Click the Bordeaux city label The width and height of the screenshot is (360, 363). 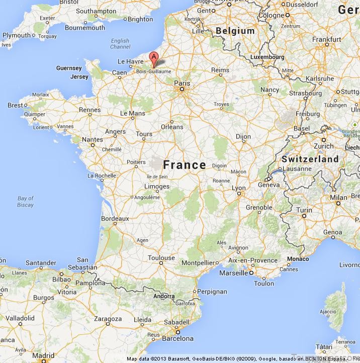tap(115, 219)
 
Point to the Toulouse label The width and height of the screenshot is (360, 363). tap(161, 258)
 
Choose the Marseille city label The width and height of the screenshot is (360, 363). tap(234, 273)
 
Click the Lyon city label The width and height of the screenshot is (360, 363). tap(238, 188)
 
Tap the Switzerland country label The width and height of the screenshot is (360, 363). tap(310, 159)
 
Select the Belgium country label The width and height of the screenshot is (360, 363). tap(235, 31)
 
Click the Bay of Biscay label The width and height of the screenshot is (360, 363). tap(25, 201)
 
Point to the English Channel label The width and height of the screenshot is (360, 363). tap(120, 44)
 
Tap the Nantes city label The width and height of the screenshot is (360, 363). tap(92, 139)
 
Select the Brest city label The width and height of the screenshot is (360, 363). tap(16, 105)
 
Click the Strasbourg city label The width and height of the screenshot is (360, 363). tap(305, 93)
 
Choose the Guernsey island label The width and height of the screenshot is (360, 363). tap(69, 68)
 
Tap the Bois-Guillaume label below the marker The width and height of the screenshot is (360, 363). tap(153, 71)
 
